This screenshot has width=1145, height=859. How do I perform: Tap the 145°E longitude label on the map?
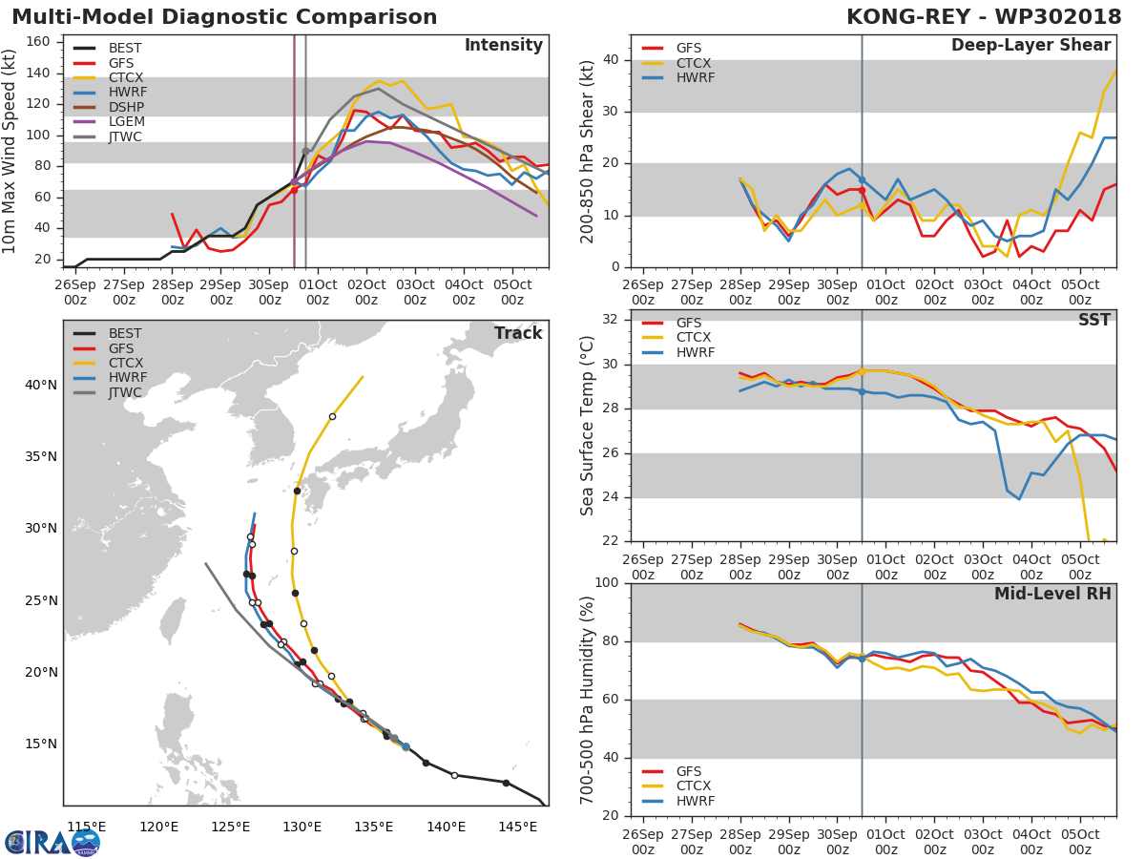[x=517, y=827]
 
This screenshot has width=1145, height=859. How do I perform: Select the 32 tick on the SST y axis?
[x=612, y=320]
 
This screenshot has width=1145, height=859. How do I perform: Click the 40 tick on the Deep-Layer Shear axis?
[x=612, y=60]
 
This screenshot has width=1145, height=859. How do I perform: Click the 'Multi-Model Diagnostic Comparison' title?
[x=224, y=17]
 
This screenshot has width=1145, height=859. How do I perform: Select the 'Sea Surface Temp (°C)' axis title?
[x=588, y=426]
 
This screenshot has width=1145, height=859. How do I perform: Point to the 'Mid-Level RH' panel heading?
[x=1052, y=595]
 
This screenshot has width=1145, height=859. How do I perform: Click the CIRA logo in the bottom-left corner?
[x=52, y=842]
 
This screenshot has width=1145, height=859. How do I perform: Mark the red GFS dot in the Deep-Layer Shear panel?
[x=862, y=190]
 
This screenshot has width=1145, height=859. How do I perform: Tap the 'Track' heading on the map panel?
[x=518, y=333]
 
